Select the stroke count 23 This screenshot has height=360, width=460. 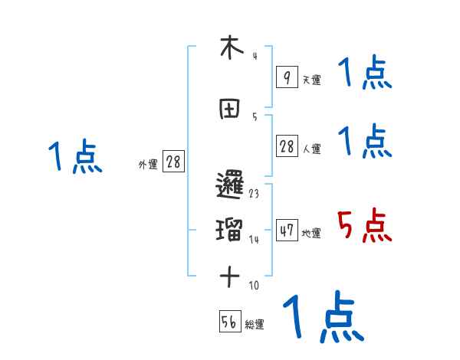(x=253, y=194)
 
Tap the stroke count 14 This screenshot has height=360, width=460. (x=254, y=240)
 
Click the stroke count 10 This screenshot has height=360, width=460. (x=254, y=286)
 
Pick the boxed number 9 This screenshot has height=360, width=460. (x=287, y=77)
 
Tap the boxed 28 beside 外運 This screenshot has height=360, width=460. (x=173, y=162)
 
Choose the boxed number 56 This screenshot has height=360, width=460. (x=230, y=322)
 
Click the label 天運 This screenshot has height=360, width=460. (x=311, y=80)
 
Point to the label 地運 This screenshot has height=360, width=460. (x=311, y=233)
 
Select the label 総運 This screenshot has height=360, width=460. (x=255, y=325)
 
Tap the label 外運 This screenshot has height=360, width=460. (x=148, y=164)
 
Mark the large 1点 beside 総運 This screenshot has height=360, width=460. (x=322, y=316)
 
